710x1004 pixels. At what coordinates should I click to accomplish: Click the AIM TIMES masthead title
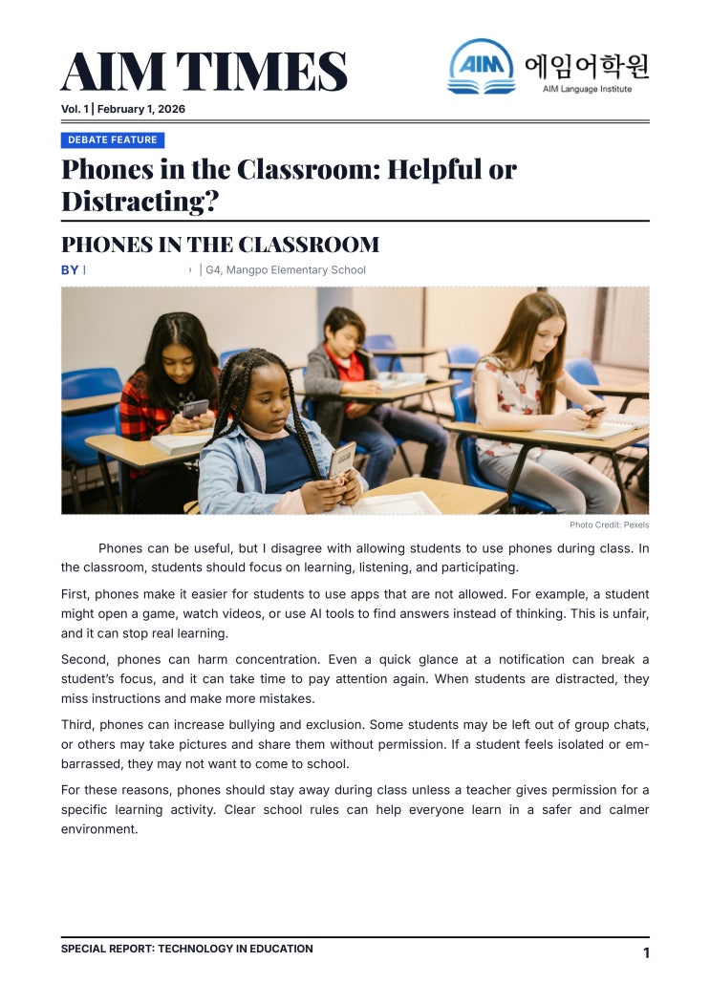tap(204, 72)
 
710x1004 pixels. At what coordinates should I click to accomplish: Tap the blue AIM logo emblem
tap(481, 65)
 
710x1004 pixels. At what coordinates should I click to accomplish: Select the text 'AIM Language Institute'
tap(587, 89)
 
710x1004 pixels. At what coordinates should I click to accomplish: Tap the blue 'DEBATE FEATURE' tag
tap(113, 140)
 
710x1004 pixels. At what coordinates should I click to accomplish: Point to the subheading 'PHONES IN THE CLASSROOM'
tap(220, 245)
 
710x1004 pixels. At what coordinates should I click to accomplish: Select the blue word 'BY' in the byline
tap(70, 270)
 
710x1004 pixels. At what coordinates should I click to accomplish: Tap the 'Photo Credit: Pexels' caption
tap(609, 525)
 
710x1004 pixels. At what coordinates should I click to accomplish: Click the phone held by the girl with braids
tap(341, 459)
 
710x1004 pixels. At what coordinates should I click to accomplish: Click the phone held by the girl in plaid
tap(195, 409)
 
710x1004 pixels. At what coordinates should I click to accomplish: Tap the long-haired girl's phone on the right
tap(593, 411)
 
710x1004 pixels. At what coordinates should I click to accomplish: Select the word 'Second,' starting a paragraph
tap(83, 660)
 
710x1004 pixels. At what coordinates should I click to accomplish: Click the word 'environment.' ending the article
tap(99, 829)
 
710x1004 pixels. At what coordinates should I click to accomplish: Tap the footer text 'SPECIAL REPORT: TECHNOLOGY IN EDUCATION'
tap(186, 949)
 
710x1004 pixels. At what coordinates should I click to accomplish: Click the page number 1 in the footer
tap(646, 952)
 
